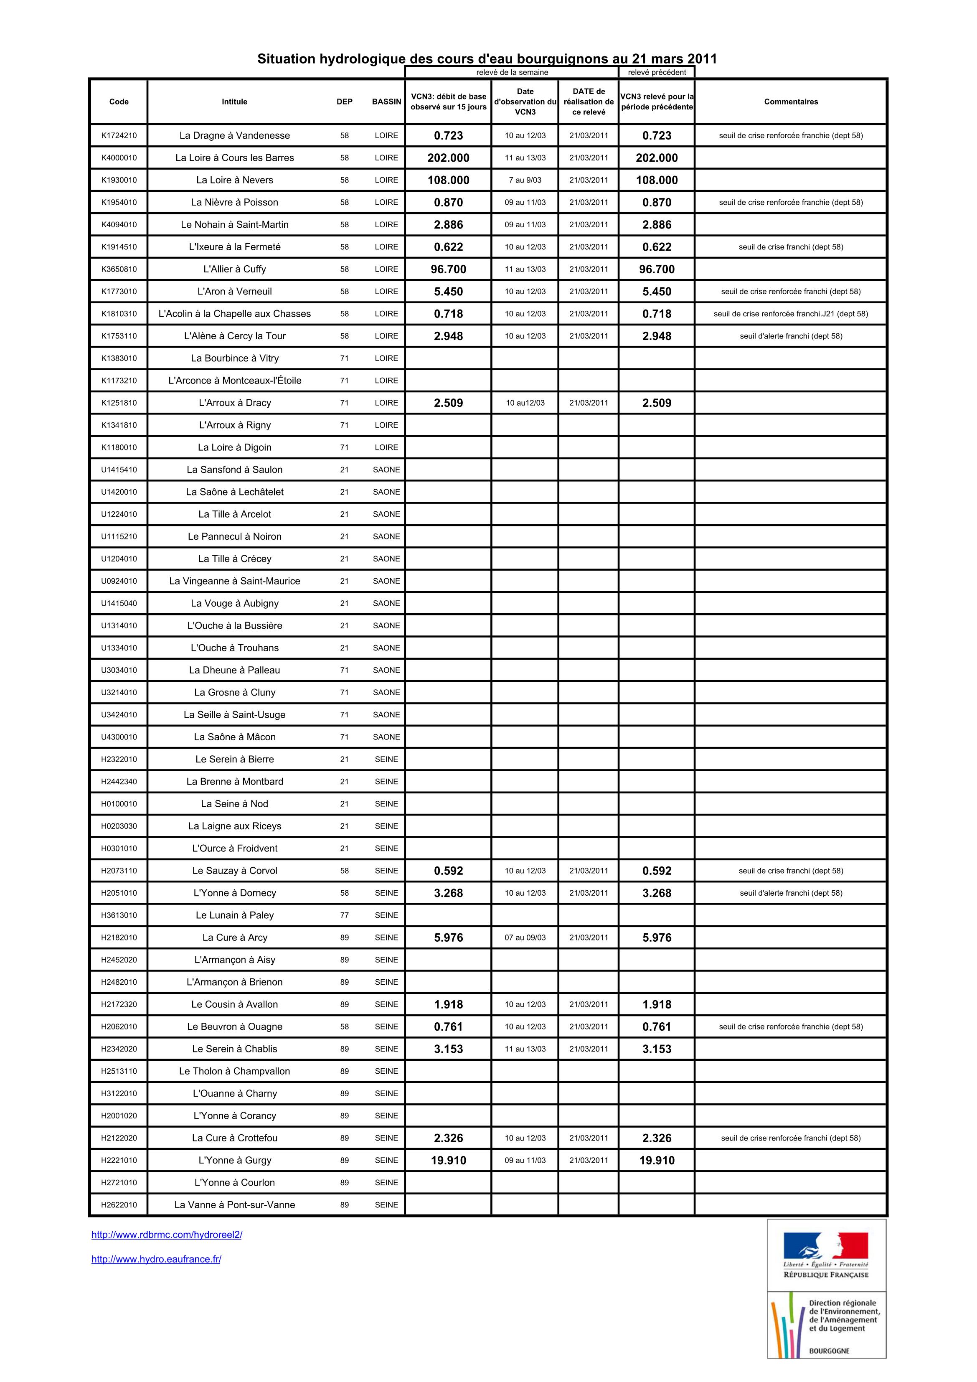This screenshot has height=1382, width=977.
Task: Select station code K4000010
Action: pos(119,158)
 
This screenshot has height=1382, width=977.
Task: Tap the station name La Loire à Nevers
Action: pos(234,180)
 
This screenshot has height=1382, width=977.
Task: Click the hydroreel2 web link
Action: pos(167,1235)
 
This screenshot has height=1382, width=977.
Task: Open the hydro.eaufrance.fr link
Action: pos(156,1259)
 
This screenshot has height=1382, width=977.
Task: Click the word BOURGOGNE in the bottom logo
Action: pos(829,1351)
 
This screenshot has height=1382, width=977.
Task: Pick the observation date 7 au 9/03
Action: pos(525,180)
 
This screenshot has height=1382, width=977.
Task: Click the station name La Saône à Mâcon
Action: pos(234,737)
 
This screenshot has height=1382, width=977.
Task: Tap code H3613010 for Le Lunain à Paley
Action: pos(119,915)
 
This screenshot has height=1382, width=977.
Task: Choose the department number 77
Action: pos(344,915)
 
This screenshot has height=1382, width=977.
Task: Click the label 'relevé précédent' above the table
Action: pos(656,72)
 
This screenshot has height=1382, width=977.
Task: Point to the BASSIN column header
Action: pos(386,102)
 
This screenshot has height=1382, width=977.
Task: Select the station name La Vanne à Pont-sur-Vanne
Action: pos(234,1204)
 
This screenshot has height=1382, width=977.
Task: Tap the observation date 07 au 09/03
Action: pos(525,937)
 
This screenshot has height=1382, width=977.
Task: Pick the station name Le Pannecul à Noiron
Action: pos(234,536)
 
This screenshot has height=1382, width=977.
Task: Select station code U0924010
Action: pos(119,581)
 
